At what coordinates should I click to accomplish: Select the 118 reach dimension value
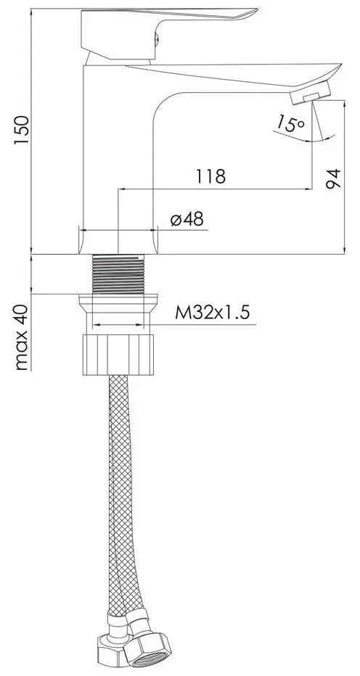tap(210, 176)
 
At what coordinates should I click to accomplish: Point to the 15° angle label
tap(290, 124)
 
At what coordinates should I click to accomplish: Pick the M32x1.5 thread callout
tap(212, 313)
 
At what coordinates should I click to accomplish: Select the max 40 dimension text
tap(22, 337)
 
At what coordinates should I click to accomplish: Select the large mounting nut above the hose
tap(119, 353)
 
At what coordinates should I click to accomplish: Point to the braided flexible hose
tap(119, 493)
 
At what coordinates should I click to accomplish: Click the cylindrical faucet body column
tap(119, 160)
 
